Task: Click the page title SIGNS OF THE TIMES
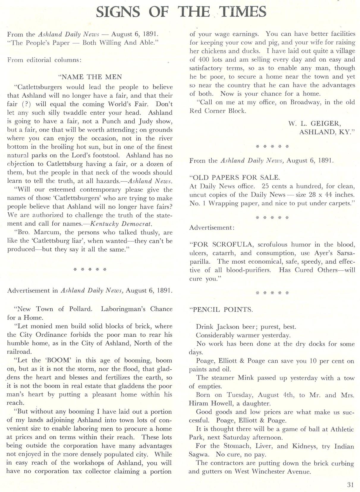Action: point(181,12)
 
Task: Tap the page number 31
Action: point(350,485)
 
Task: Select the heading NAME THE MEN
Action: point(90,77)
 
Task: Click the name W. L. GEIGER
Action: point(313,123)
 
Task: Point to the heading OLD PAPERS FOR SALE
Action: point(235,178)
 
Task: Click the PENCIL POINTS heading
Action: point(221,310)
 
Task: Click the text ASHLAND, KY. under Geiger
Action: point(327,132)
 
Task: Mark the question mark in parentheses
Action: point(25,104)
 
